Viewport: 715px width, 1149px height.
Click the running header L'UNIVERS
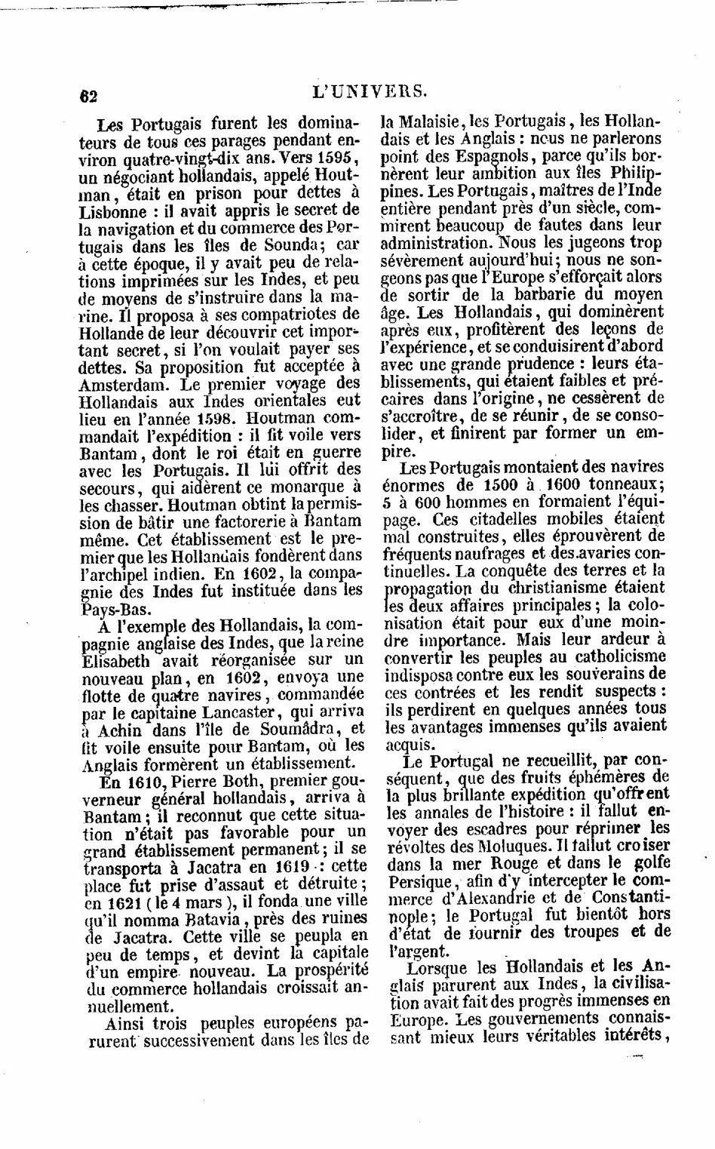coord(370,92)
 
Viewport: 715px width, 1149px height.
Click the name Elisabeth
coord(115,660)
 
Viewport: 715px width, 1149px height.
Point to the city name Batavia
coord(209,919)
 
